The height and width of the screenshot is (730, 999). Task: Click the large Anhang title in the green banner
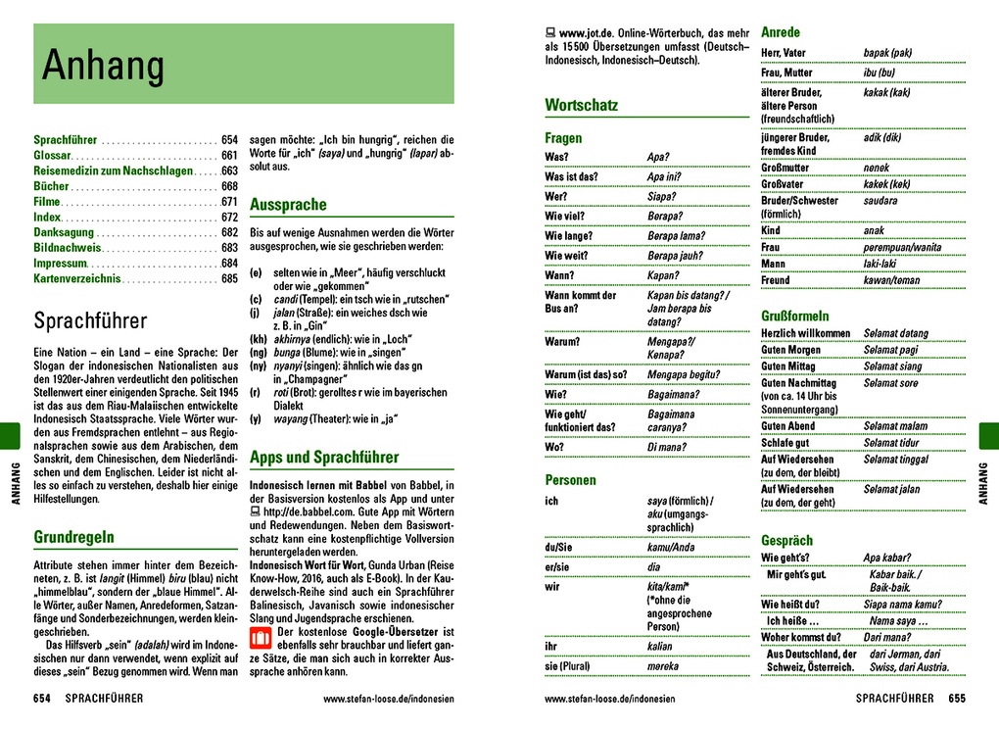point(103,66)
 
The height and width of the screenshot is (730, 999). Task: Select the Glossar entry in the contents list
point(53,155)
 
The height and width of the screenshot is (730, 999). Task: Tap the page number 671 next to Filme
point(229,201)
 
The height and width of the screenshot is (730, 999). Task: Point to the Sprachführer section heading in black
point(90,321)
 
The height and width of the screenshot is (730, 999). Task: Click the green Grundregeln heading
point(73,537)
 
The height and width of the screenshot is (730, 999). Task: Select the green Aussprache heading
point(288,205)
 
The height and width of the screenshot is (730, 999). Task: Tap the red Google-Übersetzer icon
point(262,639)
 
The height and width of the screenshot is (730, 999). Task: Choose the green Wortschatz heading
point(582,105)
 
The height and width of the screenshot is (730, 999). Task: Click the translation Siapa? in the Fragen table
point(662,196)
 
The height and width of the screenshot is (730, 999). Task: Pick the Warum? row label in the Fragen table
point(562,342)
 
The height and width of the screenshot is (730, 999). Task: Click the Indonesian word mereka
point(662,666)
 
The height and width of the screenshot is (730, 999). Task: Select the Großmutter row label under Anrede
point(785,168)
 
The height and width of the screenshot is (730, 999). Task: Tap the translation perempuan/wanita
point(903,248)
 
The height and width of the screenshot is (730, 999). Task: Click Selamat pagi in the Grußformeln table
point(890,350)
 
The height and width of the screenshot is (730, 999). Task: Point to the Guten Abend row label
point(788,426)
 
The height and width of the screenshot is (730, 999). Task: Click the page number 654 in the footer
point(42,699)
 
